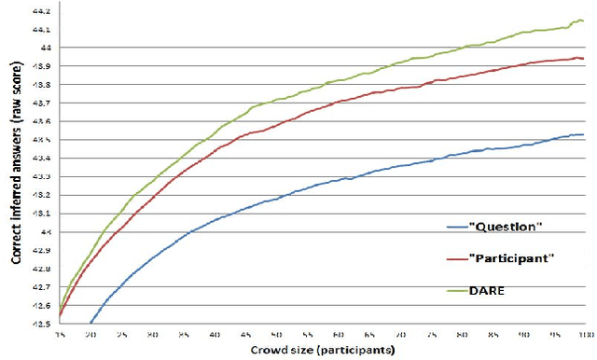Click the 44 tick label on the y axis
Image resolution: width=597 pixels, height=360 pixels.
click(x=44, y=47)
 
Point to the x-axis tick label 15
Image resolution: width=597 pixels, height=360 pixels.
click(x=59, y=333)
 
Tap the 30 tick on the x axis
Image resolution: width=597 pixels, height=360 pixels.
click(x=152, y=333)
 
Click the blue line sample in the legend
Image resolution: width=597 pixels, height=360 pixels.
click(x=456, y=226)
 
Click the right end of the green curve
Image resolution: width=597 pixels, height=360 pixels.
click(x=584, y=21)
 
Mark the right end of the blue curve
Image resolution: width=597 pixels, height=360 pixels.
click(x=584, y=134)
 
